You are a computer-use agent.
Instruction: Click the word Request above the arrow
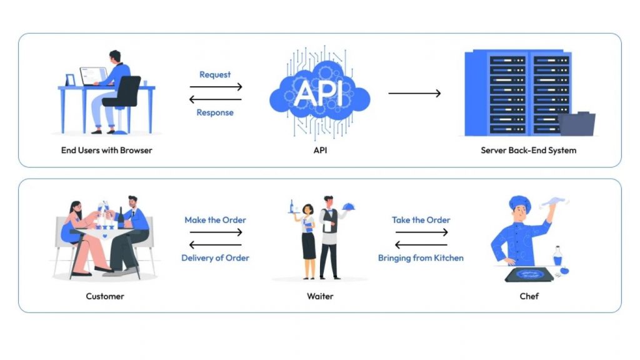pyautogui.click(x=215, y=74)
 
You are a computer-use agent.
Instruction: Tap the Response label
pyautogui.click(x=215, y=112)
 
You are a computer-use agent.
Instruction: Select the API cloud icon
pyautogui.click(x=319, y=94)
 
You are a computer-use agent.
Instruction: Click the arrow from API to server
pyautogui.click(x=414, y=94)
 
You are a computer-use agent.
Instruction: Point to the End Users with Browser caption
pyautogui.click(x=106, y=150)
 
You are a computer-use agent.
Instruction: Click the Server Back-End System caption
pyautogui.click(x=528, y=150)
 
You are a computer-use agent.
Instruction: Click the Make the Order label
pyautogui.click(x=215, y=220)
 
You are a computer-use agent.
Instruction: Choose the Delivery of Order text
pyautogui.click(x=215, y=257)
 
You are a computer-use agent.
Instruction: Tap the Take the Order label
pyautogui.click(x=421, y=220)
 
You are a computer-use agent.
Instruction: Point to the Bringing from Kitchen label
pyautogui.click(x=421, y=257)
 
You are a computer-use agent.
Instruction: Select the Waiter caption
pyautogui.click(x=319, y=296)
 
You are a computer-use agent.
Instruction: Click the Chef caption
pyautogui.click(x=529, y=296)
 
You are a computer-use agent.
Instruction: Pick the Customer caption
pyautogui.click(x=105, y=296)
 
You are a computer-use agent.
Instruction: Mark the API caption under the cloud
pyautogui.click(x=319, y=150)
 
